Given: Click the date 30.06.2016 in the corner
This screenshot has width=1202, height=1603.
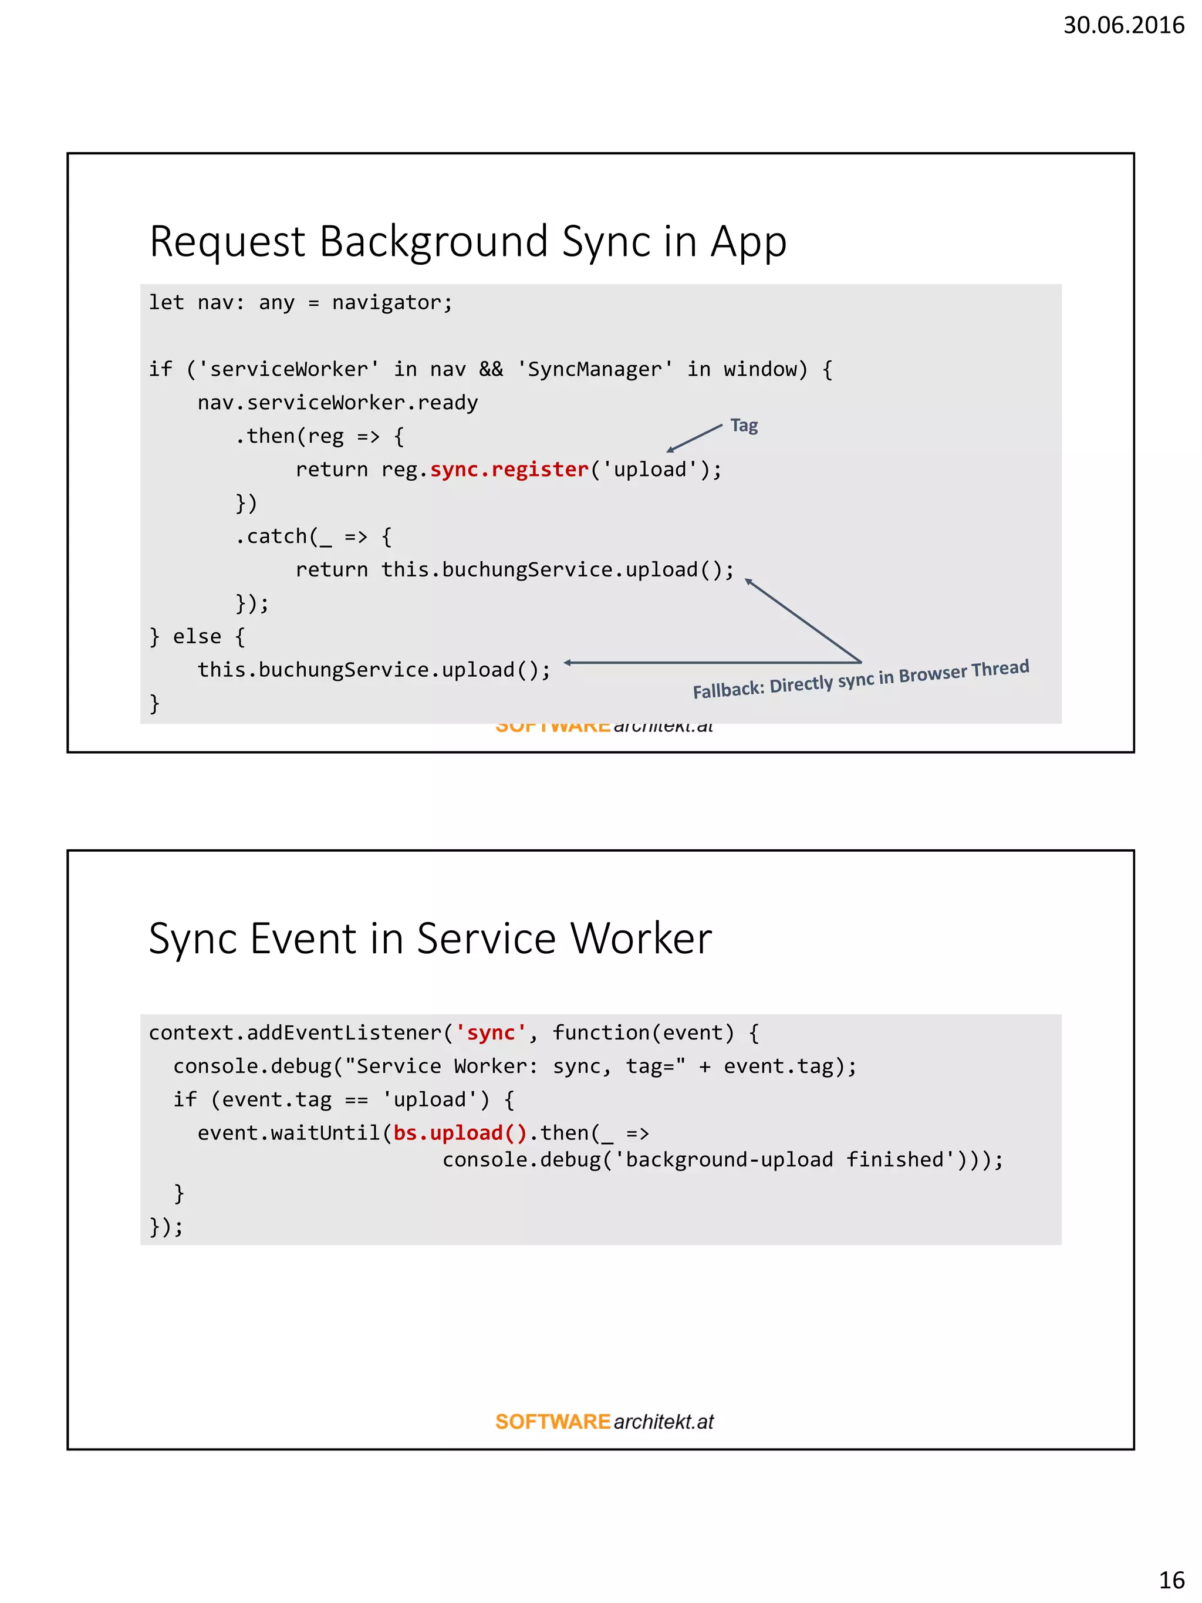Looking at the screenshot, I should coord(1123,25).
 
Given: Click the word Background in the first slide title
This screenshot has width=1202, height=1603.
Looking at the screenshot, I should coord(433,241).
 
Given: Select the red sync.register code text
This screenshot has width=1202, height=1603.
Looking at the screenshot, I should coord(509,470).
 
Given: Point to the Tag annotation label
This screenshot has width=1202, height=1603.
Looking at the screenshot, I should coord(744,426).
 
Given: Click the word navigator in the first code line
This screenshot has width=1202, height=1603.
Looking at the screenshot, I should coord(391,303).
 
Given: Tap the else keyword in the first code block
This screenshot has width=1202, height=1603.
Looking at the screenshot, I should coord(197,637).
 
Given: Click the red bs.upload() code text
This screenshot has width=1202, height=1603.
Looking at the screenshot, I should coord(460,1133).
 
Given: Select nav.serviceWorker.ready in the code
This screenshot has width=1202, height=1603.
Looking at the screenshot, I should coord(337,403).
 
